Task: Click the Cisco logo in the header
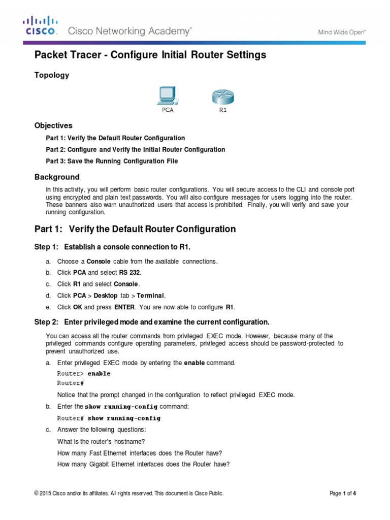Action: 41,26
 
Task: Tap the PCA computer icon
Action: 167,96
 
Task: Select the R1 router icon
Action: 223,96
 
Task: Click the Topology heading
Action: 51,75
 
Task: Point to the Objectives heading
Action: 53,125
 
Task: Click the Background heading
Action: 57,177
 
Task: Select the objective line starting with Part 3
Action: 112,161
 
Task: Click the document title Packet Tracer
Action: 150,55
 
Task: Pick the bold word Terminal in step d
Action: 151,296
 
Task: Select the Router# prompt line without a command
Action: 70,383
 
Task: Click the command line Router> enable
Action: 83,373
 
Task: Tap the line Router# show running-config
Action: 109,418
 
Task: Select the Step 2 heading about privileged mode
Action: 151,322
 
